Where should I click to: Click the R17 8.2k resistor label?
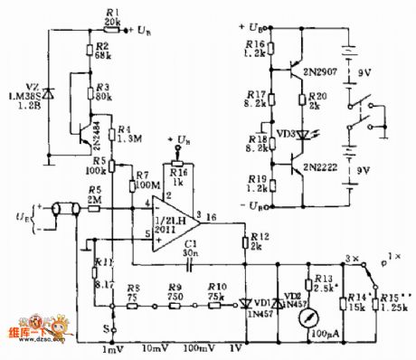pyautogui.click(x=257, y=99)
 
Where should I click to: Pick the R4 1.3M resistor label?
pyautogui.click(x=123, y=135)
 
